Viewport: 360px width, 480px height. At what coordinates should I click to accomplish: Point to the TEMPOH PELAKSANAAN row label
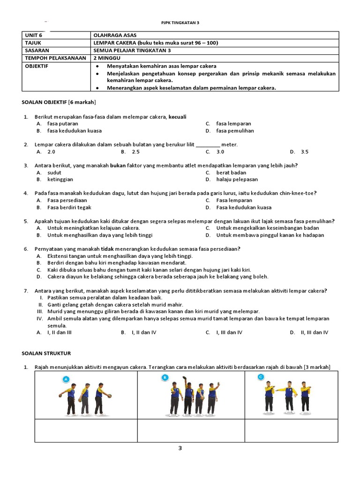(x=55, y=58)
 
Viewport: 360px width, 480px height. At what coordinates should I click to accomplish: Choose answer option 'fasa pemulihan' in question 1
(x=235, y=131)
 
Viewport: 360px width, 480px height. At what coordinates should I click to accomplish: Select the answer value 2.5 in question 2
(x=135, y=152)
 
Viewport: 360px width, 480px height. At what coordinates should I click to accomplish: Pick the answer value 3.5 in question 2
(x=305, y=152)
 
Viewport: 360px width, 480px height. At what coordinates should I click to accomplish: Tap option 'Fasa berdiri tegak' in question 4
(x=69, y=208)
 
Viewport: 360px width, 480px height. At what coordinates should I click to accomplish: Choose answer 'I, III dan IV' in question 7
(x=229, y=332)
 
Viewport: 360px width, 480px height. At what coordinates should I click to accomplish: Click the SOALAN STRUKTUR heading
(x=46, y=353)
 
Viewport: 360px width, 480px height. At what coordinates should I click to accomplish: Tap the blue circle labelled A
(x=66, y=379)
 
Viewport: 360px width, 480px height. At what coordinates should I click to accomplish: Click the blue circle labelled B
(x=165, y=377)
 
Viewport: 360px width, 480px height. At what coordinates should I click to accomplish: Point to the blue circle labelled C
(x=261, y=377)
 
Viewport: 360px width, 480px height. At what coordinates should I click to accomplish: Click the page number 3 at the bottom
(x=180, y=448)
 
